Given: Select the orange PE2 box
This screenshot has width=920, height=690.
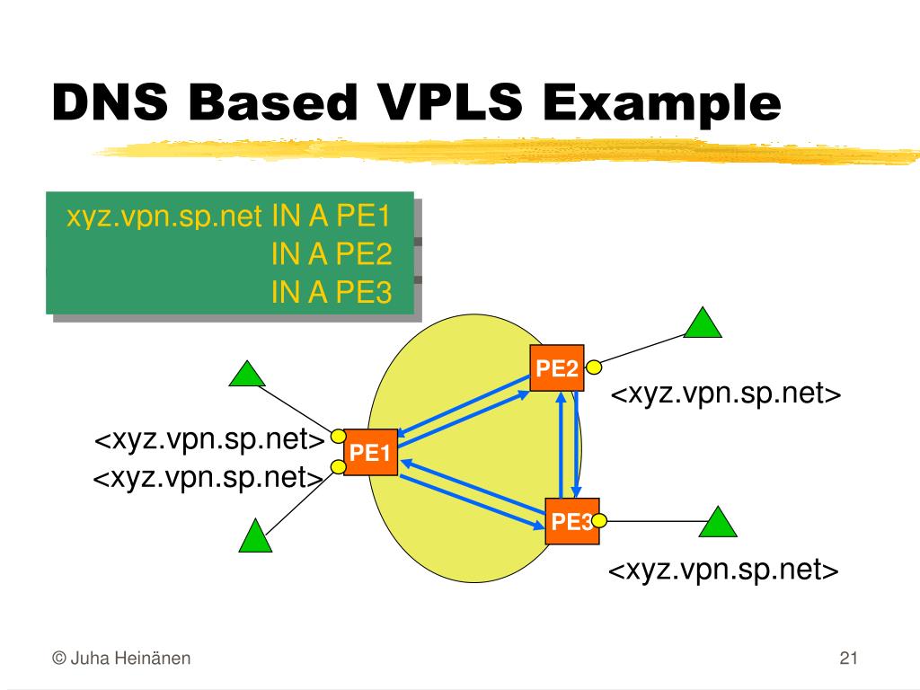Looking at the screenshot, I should click(556, 367).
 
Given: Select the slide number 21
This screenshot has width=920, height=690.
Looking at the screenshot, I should click(849, 659).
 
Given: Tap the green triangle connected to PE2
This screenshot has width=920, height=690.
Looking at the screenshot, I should click(702, 323).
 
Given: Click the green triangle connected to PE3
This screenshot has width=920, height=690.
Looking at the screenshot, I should click(717, 522).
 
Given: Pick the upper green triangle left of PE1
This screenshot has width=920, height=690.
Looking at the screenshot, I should click(247, 374).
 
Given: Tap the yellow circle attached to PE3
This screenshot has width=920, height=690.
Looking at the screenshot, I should click(599, 519).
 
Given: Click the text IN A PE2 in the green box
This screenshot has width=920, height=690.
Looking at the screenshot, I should click(332, 254).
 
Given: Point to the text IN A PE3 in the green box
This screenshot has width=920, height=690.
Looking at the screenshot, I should click(332, 291).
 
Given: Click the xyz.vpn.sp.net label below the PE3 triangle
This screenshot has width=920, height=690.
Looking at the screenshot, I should click(723, 571).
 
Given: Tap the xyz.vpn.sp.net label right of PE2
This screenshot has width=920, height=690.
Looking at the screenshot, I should click(726, 395).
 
